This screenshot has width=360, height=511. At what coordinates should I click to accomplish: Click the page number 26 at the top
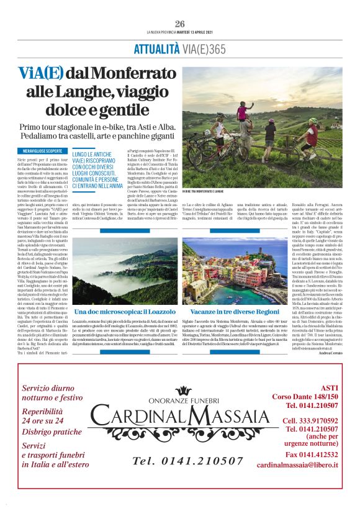point(180,24)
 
